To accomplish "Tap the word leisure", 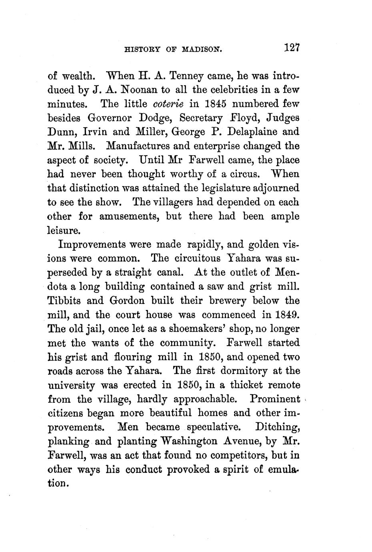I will click(64, 231).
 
